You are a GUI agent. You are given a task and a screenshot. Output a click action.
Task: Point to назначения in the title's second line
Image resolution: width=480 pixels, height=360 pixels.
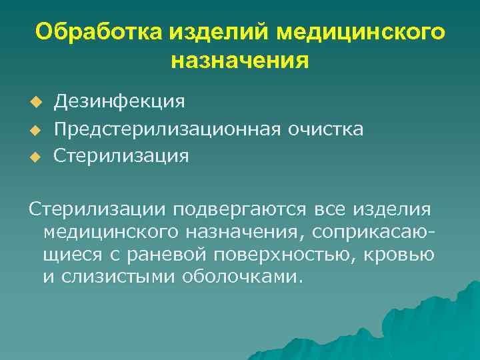tap(240, 61)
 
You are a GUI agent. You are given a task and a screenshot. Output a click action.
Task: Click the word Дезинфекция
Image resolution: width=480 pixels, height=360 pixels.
tap(119, 101)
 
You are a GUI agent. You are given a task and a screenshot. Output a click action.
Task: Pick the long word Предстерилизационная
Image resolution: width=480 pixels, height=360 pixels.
tap(171, 129)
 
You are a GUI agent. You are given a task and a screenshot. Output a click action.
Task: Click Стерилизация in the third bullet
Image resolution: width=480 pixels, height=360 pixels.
tap(121, 156)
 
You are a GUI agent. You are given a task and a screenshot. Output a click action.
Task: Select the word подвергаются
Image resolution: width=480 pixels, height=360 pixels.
tap(241, 210)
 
